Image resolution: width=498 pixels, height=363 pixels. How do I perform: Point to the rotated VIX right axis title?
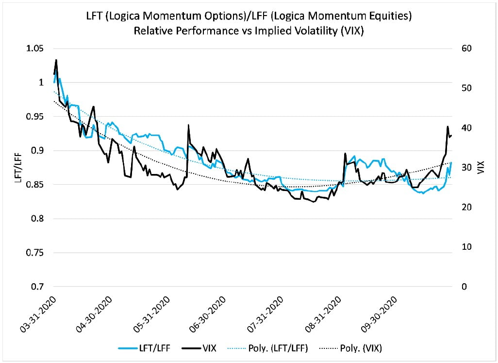[481, 168]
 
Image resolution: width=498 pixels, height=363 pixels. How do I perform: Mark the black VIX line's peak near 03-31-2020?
[56, 60]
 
